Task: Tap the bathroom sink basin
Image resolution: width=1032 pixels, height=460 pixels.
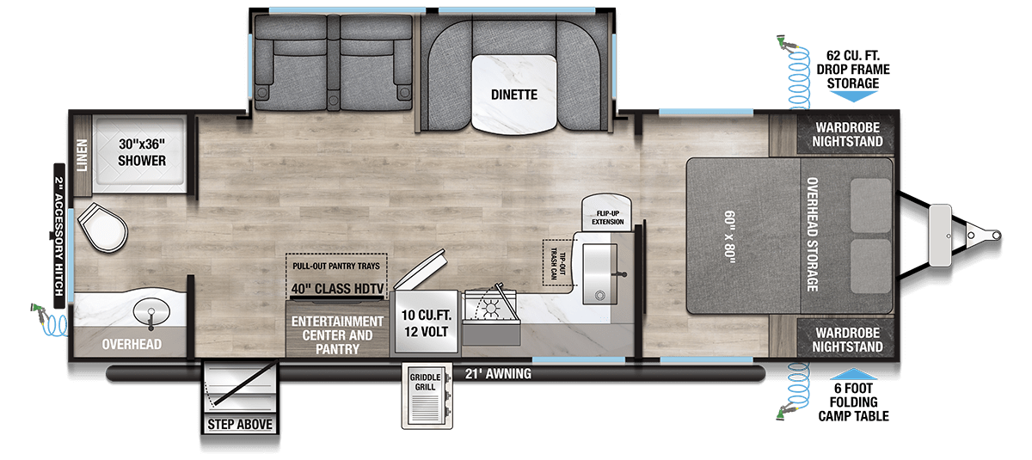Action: point(151,311)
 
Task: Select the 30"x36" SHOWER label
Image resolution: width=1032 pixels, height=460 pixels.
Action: point(141,152)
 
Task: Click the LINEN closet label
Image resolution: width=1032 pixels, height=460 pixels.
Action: point(82,155)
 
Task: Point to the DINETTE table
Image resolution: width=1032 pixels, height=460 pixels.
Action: point(514,95)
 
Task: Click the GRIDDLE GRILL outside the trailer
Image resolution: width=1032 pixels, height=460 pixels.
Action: point(427,396)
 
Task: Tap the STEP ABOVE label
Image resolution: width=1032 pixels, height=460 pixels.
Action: point(240,424)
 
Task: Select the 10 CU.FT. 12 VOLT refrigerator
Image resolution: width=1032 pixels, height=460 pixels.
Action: point(426,323)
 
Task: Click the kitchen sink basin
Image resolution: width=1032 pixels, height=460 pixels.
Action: point(599,274)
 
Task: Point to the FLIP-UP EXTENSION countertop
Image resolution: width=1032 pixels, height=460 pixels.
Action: point(607,213)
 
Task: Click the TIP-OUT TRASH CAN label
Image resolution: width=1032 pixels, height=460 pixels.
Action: point(558,263)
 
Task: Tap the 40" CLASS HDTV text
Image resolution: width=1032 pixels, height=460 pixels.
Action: point(337,289)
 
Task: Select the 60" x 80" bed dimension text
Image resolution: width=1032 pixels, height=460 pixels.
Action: point(730,236)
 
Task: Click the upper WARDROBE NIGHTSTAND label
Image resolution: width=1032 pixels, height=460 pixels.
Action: point(847,134)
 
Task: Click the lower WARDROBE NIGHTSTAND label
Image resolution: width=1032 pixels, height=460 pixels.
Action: point(847,340)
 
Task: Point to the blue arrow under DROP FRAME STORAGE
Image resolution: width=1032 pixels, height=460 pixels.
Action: point(854,96)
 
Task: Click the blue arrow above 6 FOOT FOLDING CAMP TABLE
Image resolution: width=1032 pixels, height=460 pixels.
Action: point(854,373)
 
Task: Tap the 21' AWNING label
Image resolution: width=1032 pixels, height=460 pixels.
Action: point(498,373)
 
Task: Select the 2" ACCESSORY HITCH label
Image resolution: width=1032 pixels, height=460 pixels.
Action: point(59,236)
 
